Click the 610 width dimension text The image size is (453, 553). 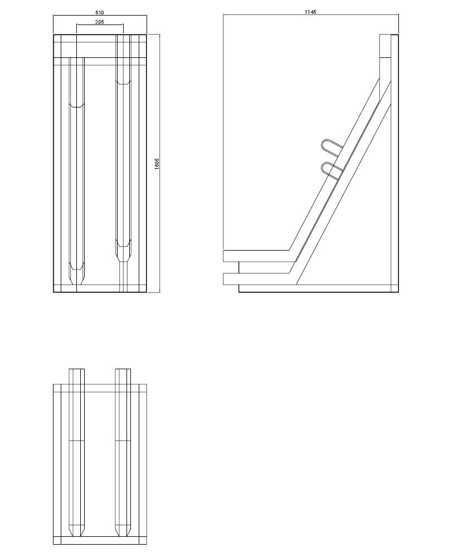tap(100, 12)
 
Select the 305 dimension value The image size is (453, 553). tap(100, 22)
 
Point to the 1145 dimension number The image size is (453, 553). tap(311, 12)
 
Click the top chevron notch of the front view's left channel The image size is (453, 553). tap(76, 105)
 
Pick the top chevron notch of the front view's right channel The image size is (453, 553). tap(123, 84)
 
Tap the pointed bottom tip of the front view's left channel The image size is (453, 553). tap(76, 282)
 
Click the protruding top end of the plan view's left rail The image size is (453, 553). tap(76, 370)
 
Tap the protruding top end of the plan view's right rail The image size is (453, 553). tap(123, 370)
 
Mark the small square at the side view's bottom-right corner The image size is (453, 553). tap(394, 288)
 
